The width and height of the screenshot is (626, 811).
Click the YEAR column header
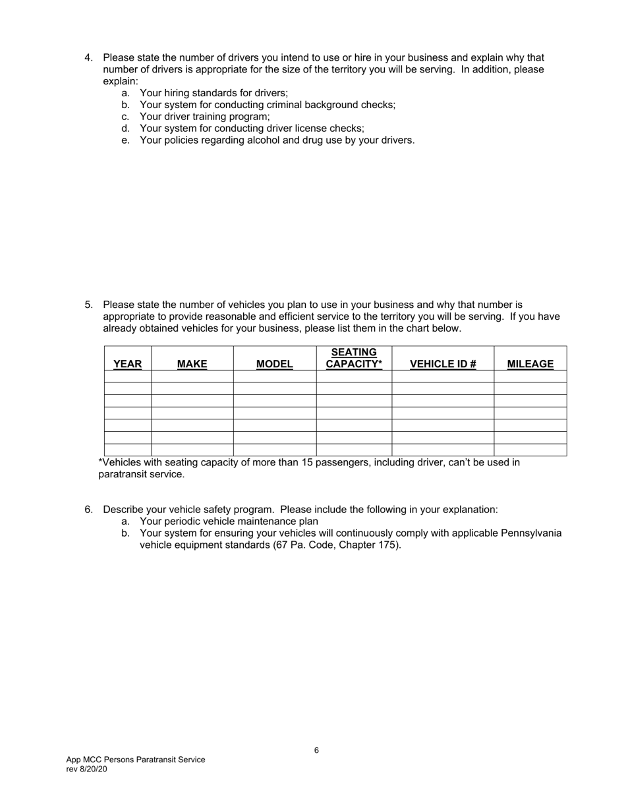click(127, 364)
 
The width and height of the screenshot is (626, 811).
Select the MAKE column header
click(192, 364)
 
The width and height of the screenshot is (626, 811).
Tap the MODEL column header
click(274, 364)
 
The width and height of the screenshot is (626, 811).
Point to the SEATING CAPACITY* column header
click(354, 358)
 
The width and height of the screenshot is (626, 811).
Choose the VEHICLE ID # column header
click(443, 364)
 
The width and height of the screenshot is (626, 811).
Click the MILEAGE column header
click(530, 364)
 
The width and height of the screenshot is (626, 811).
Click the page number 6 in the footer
click(316, 750)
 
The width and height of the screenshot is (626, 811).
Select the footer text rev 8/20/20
click(86, 769)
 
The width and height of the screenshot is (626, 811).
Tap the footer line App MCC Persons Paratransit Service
click(135, 760)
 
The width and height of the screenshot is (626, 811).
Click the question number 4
click(88, 58)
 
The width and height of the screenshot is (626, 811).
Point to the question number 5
click(88, 305)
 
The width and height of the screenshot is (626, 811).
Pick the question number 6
click(88, 510)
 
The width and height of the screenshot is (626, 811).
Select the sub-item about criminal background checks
click(267, 105)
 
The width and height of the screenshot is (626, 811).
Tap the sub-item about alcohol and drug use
click(277, 140)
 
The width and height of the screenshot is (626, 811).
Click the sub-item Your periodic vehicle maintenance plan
click(229, 522)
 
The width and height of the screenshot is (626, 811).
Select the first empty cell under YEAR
click(127, 376)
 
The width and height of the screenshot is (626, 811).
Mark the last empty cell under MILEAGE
click(530, 450)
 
